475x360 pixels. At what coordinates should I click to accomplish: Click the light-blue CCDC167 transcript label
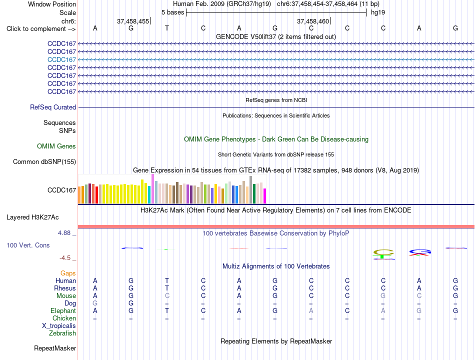pyautogui.click(x=61, y=59)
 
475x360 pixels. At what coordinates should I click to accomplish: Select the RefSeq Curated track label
pyautogui.click(x=53, y=107)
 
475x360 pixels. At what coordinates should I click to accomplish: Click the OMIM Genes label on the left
pyautogui.click(x=56, y=146)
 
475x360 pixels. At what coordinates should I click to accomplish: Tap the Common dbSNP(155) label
pyautogui.click(x=44, y=162)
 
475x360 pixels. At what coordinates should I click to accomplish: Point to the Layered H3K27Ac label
pyautogui.click(x=32, y=217)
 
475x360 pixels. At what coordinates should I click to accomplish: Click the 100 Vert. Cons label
pyautogui.click(x=28, y=245)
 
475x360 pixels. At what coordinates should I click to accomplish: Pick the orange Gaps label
pyautogui.click(x=68, y=273)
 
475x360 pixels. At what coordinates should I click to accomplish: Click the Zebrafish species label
pyautogui.click(x=62, y=333)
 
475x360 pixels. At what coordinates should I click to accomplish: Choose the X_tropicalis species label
pyautogui.click(x=59, y=326)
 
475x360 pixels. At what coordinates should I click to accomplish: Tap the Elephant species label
pyautogui.click(x=63, y=311)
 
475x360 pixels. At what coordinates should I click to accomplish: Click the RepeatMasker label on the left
pyautogui.click(x=55, y=348)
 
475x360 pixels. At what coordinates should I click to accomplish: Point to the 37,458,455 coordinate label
pyautogui.click(x=133, y=21)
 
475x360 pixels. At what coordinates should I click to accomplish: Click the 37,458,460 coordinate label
pyautogui.click(x=313, y=21)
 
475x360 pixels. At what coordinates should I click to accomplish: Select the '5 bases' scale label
pyautogui.click(x=172, y=12)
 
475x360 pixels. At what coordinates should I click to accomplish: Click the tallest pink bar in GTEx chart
pyautogui.click(x=152, y=189)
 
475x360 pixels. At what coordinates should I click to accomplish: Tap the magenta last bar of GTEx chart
pyautogui.click(x=265, y=196)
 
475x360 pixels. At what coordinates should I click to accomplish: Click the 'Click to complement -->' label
pyautogui.click(x=41, y=29)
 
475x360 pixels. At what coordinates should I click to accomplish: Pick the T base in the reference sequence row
pyautogui.click(x=167, y=28)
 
